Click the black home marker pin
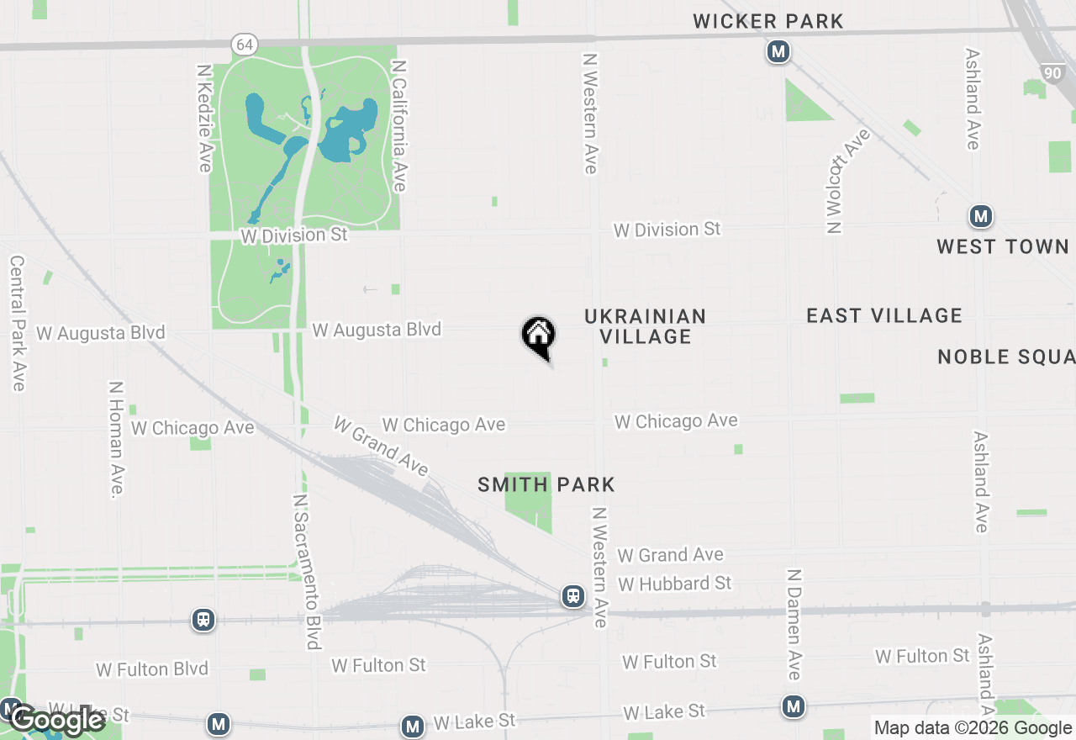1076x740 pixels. point(539,336)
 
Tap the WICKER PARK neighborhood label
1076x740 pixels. point(768,21)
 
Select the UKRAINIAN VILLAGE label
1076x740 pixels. point(645,326)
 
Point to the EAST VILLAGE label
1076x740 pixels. point(884,315)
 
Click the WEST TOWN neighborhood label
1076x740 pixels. point(1002,246)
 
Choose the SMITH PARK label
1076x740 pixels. point(546,484)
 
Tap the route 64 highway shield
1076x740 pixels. point(244,45)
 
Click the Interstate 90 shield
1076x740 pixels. point(1052,73)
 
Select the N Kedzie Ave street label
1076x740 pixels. point(204,118)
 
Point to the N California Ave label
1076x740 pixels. point(399,125)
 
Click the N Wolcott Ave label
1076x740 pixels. point(846,181)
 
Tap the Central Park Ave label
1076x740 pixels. point(17,324)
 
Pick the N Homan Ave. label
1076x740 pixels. point(117,440)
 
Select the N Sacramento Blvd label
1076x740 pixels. point(307,571)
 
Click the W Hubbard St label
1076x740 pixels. point(674,584)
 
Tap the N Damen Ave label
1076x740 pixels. point(794,624)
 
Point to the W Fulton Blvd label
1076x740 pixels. point(152,669)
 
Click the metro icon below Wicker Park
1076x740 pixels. point(778,52)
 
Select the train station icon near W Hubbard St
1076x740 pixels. point(573,596)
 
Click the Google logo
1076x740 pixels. point(57,721)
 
